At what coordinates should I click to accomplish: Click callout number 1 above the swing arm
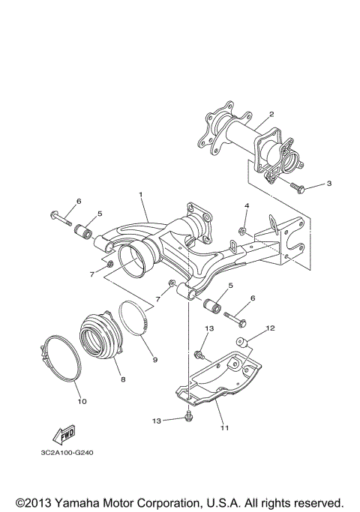(139, 195)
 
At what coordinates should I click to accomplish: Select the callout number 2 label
(271, 114)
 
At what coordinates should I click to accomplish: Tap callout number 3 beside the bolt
(328, 183)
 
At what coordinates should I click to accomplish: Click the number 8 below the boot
(122, 380)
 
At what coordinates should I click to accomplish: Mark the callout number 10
(82, 402)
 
